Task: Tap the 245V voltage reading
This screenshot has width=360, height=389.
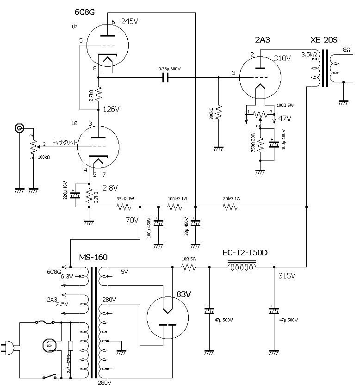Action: point(130,22)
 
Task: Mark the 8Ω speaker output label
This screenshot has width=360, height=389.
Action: point(346,49)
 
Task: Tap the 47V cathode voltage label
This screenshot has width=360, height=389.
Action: point(284,118)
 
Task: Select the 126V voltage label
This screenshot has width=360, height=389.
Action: point(111,110)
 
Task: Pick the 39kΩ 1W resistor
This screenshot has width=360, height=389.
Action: point(125,207)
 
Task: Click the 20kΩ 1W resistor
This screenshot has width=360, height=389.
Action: point(230,207)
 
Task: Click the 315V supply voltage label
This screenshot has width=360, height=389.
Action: point(287,276)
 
